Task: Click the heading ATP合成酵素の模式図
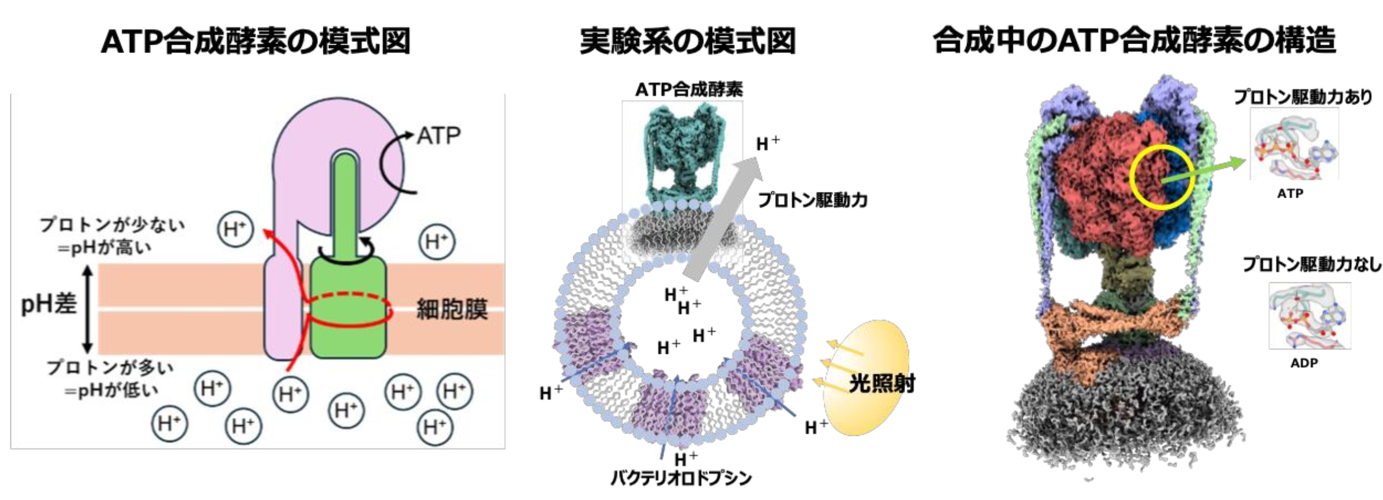tap(255, 41)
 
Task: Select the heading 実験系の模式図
tap(688, 41)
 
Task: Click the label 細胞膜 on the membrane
tap(452, 309)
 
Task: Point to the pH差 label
tap(49, 305)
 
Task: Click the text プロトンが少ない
tap(112, 225)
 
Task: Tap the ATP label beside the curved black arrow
tap(439, 136)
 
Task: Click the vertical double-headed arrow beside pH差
tap(87, 309)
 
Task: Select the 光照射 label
tap(882, 384)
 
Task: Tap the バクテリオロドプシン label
tap(681, 478)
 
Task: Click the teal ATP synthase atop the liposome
tap(682, 156)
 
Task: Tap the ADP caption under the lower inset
tap(1304, 363)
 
